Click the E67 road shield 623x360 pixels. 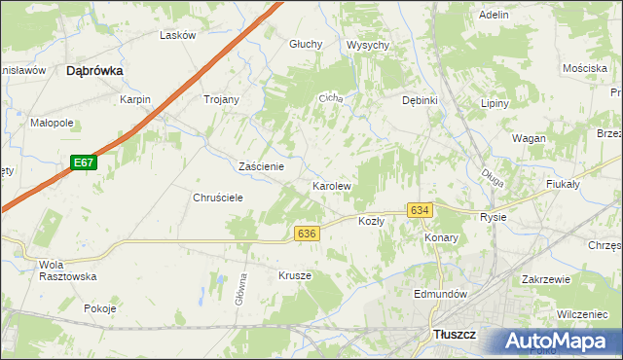tap(84, 164)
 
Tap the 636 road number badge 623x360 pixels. tap(307, 234)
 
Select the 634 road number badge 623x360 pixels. tap(420, 211)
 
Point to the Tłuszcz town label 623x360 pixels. tap(453, 335)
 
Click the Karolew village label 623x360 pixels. tap(331, 185)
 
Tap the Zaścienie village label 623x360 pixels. tap(261, 166)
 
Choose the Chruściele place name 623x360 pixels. tap(217, 197)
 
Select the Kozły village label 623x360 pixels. tap(372, 221)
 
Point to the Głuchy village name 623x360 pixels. tap(306, 44)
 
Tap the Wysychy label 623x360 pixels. tap(368, 45)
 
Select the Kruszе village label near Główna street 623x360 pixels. tap(295, 275)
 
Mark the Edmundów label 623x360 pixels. tap(441, 294)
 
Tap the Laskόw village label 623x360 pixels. tap(178, 35)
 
